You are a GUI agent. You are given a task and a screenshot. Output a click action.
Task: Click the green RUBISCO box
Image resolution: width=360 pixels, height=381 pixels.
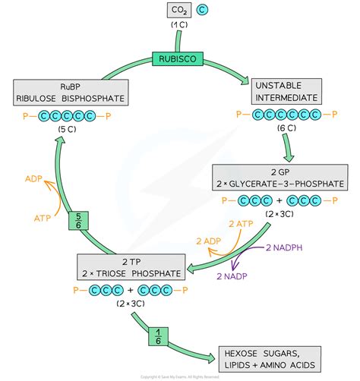(178, 57)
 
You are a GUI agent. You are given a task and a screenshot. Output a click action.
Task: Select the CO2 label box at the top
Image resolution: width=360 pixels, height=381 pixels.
(178, 11)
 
